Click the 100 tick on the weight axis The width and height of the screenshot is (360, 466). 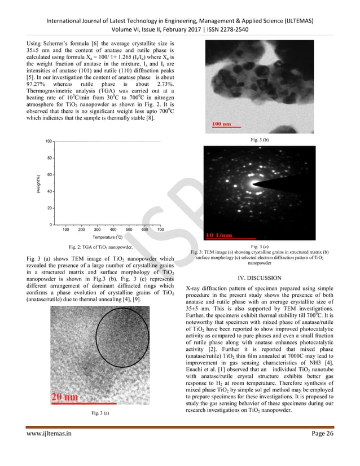[49, 141]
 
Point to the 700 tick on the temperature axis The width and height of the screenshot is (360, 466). [160, 230]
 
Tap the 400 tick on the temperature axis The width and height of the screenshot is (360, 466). [113, 230]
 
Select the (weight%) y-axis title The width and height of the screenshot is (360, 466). [38, 184]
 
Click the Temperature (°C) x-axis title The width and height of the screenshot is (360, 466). [112, 238]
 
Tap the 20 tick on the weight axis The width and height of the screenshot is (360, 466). [51, 208]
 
